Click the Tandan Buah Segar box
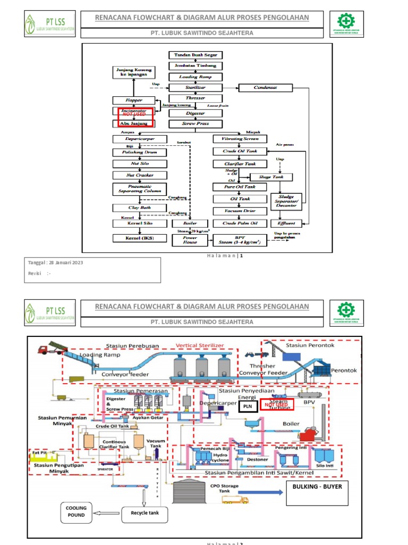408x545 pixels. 195,55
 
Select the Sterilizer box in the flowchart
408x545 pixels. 195,87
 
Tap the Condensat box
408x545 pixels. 265,87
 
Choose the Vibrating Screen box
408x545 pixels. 235,139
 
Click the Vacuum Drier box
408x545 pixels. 235,211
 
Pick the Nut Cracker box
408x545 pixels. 140,175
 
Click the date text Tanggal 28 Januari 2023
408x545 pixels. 56,262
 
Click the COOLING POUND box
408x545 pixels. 76,511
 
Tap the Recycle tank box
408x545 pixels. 144,514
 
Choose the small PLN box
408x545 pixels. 247,407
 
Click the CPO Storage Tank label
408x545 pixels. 224,489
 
